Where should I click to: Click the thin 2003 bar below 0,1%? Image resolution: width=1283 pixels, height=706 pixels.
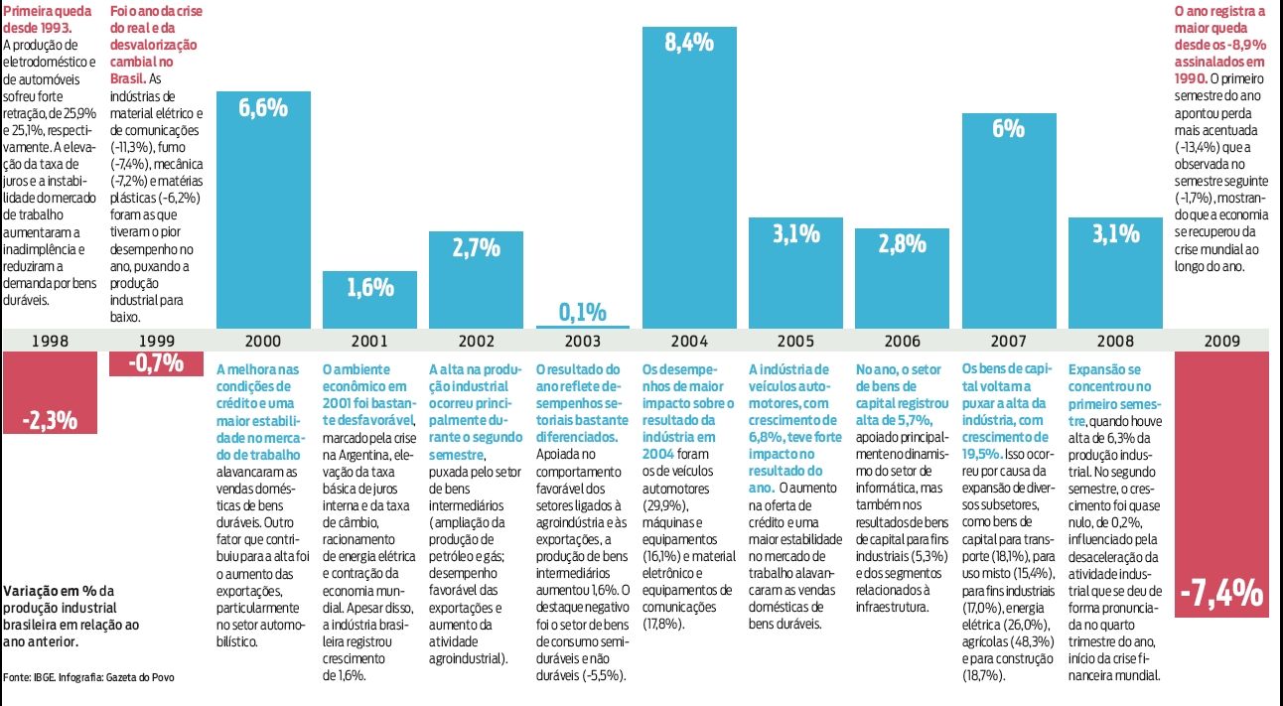coord(582,326)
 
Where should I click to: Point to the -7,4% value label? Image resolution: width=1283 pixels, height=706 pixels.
coord(1221,594)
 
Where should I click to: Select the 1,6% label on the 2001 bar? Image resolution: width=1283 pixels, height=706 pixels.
coord(369,288)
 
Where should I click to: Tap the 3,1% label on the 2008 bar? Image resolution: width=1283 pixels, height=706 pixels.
coord(1115,234)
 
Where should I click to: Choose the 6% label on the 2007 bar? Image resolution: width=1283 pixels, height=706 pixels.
coord(1008,129)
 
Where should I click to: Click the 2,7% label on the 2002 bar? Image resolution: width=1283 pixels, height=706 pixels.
coord(476,248)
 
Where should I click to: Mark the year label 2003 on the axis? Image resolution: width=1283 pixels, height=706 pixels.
coord(582,341)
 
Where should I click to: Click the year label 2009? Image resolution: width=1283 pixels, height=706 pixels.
coord(1221,341)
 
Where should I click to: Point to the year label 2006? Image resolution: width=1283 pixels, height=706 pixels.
coord(902,341)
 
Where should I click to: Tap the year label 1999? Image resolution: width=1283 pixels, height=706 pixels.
coord(157,341)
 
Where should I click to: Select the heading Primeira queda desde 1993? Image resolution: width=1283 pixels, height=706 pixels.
coord(46,20)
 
